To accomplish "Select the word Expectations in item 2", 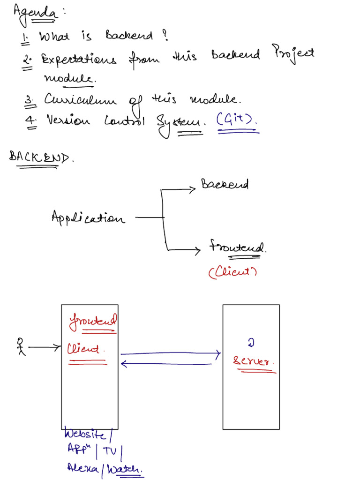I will [78, 60].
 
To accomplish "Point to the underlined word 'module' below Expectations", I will [69, 78].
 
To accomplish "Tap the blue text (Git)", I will [237, 121].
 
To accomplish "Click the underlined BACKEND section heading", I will [41, 157].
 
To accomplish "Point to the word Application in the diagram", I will [88, 217].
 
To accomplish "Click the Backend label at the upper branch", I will [225, 184].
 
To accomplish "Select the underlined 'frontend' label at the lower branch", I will [237, 247].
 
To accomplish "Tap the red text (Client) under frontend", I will [232, 272].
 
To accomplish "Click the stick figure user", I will [20, 346].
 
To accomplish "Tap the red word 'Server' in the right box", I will [253, 361].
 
